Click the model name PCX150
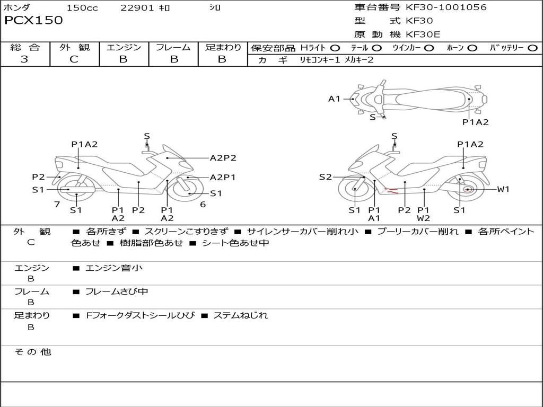point(33,20)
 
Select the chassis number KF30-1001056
point(446,7)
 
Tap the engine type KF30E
point(423,34)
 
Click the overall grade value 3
point(24,59)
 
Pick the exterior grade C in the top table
point(74,59)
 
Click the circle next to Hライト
point(335,48)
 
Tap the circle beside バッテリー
point(532,48)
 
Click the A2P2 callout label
point(223,158)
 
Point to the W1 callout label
point(503,189)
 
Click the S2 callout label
point(325,177)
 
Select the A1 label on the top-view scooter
point(334,99)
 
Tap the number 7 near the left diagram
point(57,205)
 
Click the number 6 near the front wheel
point(203,205)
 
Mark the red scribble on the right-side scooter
point(392,190)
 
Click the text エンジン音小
point(114,268)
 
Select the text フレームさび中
point(117,292)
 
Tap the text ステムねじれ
point(240,315)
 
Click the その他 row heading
point(33,352)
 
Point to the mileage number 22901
point(137,7)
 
